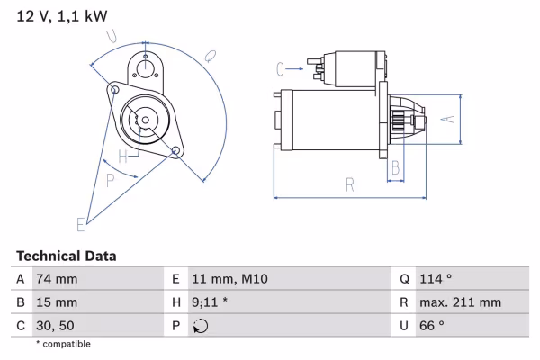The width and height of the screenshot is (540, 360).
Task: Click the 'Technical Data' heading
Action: coord(66,256)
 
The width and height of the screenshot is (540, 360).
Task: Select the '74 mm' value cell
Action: coord(57,279)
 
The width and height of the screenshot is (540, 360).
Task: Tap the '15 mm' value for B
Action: coord(57,302)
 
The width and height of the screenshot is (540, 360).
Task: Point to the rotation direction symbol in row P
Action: coord(202,327)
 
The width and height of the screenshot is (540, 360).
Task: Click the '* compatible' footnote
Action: coord(63,345)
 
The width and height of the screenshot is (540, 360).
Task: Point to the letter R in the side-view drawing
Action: coord(349,185)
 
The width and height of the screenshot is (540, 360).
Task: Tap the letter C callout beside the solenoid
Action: coord(280,68)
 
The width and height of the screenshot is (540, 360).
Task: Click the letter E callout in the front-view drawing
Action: coord(81,222)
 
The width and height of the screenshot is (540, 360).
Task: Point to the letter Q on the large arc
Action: coord(210,56)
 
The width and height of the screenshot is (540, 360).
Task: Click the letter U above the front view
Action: coord(112,37)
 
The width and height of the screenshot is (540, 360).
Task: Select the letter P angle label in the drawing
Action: coord(111,179)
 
